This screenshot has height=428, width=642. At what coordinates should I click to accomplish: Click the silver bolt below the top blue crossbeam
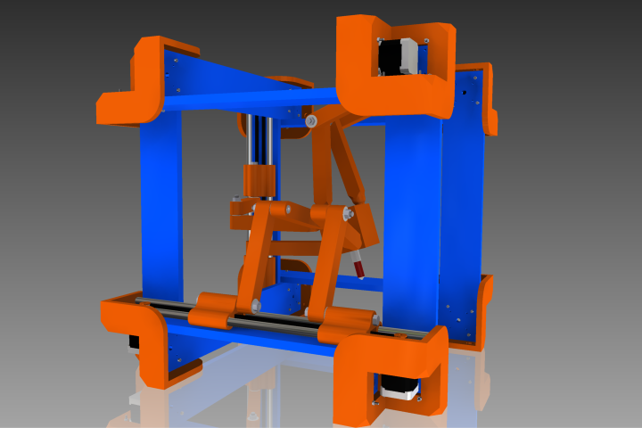coord(310,119)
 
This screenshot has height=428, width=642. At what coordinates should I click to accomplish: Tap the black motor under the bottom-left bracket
coord(134,342)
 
